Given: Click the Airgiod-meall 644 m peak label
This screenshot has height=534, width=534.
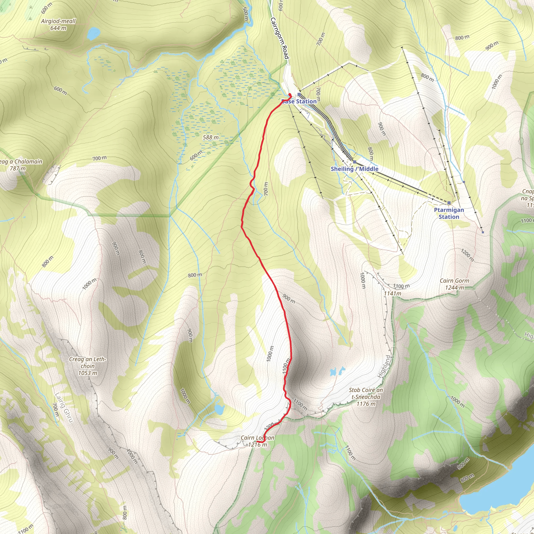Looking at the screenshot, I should tap(58, 24).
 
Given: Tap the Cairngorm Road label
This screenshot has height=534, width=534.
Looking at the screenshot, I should tap(280, 38).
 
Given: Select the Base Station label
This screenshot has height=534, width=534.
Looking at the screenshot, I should tap(299, 101).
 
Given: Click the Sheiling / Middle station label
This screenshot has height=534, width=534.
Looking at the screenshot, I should tap(354, 169).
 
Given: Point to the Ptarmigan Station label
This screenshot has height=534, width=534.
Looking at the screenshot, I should tap(449, 213).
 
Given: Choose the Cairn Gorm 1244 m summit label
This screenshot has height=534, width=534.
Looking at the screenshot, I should tap(454, 284).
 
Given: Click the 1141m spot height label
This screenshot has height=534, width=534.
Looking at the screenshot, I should tap(392, 293).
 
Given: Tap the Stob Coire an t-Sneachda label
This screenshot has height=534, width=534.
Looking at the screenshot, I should tap(366, 397).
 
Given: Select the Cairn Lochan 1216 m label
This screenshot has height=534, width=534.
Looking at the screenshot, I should tap(257, 441).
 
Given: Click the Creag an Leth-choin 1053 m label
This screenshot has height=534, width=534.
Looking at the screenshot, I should tap(88, 366).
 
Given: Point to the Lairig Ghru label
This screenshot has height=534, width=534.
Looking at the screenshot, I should tap(64, 408).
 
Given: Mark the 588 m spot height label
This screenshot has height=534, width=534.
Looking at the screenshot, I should tap(211, 137).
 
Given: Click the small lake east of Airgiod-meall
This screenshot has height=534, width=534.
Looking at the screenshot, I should tap(93, 34).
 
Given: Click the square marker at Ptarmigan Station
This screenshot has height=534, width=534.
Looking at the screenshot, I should tap(449, 203).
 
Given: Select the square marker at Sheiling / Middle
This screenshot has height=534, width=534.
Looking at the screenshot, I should tap(354, 162).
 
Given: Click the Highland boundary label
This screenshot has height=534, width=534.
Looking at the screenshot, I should tap(385, 367).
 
